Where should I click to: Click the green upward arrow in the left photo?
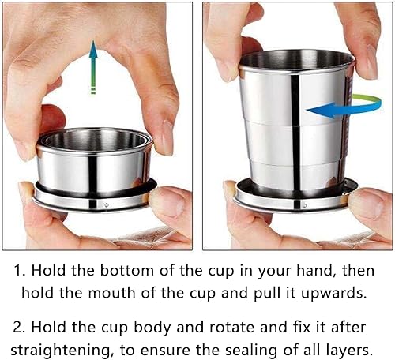point(93,67)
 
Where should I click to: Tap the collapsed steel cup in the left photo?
point(94,169)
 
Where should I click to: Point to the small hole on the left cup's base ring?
point(106,204)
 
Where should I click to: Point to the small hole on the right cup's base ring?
point(305,205)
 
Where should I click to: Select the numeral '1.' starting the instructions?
point(20,271)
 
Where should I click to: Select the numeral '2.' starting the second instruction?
point(19,328)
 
